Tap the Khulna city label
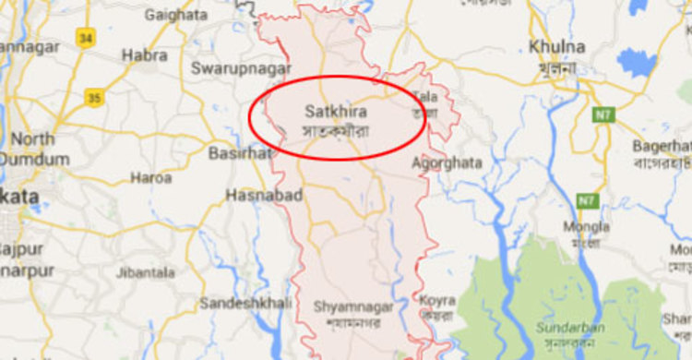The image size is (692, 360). pyautogui.click(x=558, y=46)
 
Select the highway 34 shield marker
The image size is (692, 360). pyautogui.click(x=86, y=38)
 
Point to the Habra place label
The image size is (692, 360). pyautogui.click(x=145, y=55)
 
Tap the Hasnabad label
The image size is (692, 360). pyautogui.click(x=253, y=195)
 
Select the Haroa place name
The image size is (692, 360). pyautogui.click(x=150, y=177)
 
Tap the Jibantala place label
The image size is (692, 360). pyautogui.click(x=146, y=272)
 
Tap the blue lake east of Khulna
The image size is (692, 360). pyautogui.click(x=637, y=63)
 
